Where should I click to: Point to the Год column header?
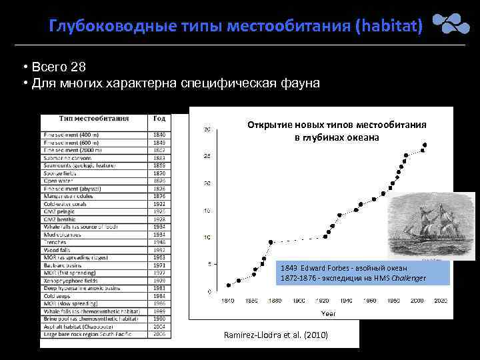click(159, 119)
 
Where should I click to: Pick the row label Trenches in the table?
click(55, 241)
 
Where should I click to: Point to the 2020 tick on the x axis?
click(441, 301)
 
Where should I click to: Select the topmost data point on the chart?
click(424, 145)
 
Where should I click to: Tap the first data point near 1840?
click(229, 285)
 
